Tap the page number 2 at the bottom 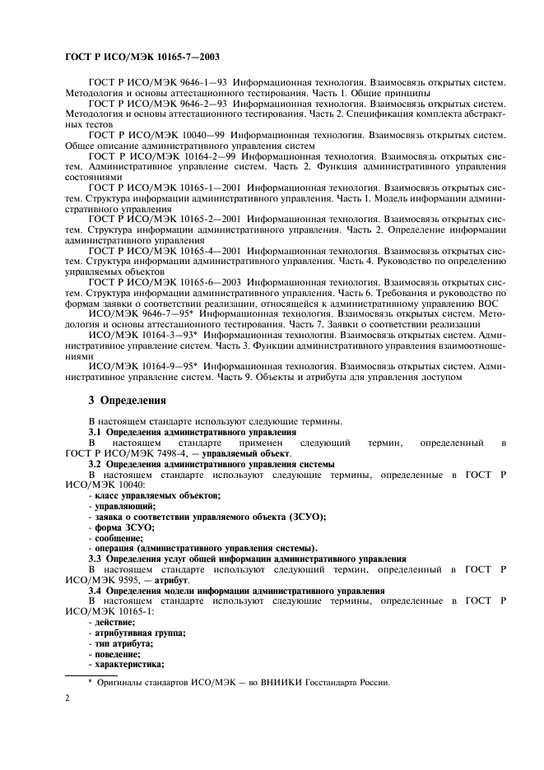tap(67, 698)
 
